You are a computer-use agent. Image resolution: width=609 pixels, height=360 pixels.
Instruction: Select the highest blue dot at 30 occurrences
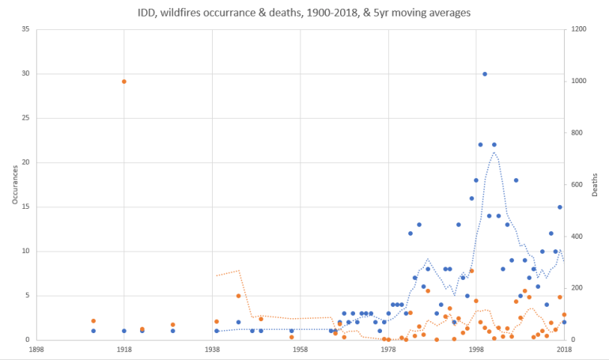[485, 74]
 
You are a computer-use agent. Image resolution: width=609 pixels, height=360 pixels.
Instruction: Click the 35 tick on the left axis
[25, 30]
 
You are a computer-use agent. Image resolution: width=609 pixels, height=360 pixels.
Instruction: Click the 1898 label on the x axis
[36, 348]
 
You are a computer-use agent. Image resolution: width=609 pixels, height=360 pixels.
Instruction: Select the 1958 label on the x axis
[300, 348]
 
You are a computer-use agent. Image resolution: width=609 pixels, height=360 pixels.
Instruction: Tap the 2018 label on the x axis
[564, 348]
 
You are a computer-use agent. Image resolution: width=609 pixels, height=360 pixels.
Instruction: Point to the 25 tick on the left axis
[25, 119]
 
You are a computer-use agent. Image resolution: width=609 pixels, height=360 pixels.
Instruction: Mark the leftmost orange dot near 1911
[93, 321]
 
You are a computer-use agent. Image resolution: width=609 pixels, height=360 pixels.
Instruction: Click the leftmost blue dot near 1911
[93, 331]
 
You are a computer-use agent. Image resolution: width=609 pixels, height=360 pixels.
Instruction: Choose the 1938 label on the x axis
[212, 348]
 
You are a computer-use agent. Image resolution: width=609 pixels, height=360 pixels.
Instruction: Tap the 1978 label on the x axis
[388, 348]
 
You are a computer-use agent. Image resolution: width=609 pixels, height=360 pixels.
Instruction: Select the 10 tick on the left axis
[25, 252]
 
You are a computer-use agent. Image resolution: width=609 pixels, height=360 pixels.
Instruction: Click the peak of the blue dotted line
[494, 152]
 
